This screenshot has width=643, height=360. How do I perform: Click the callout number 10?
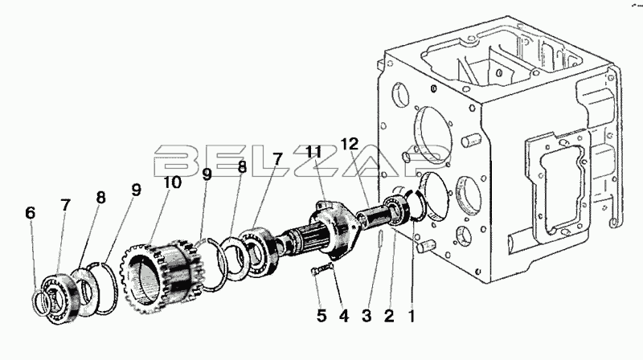coord(172,182)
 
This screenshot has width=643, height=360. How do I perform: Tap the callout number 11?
coord(313,152)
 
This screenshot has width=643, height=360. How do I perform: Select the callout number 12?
coord(350,144)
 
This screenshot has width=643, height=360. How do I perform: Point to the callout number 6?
coord(30,213)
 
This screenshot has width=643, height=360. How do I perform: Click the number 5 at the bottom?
coord(321,316)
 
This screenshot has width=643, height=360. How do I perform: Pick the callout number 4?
coord(344,316)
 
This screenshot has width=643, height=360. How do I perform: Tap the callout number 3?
coord(367,316)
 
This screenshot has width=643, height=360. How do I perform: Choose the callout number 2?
coord(389,316)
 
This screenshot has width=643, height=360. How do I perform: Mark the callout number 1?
coord(411,316)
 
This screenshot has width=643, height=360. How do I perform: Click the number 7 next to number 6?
coord(66,205)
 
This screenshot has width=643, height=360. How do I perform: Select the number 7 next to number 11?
coord(277,159)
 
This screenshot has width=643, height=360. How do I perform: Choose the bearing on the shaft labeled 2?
coord(398,210)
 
